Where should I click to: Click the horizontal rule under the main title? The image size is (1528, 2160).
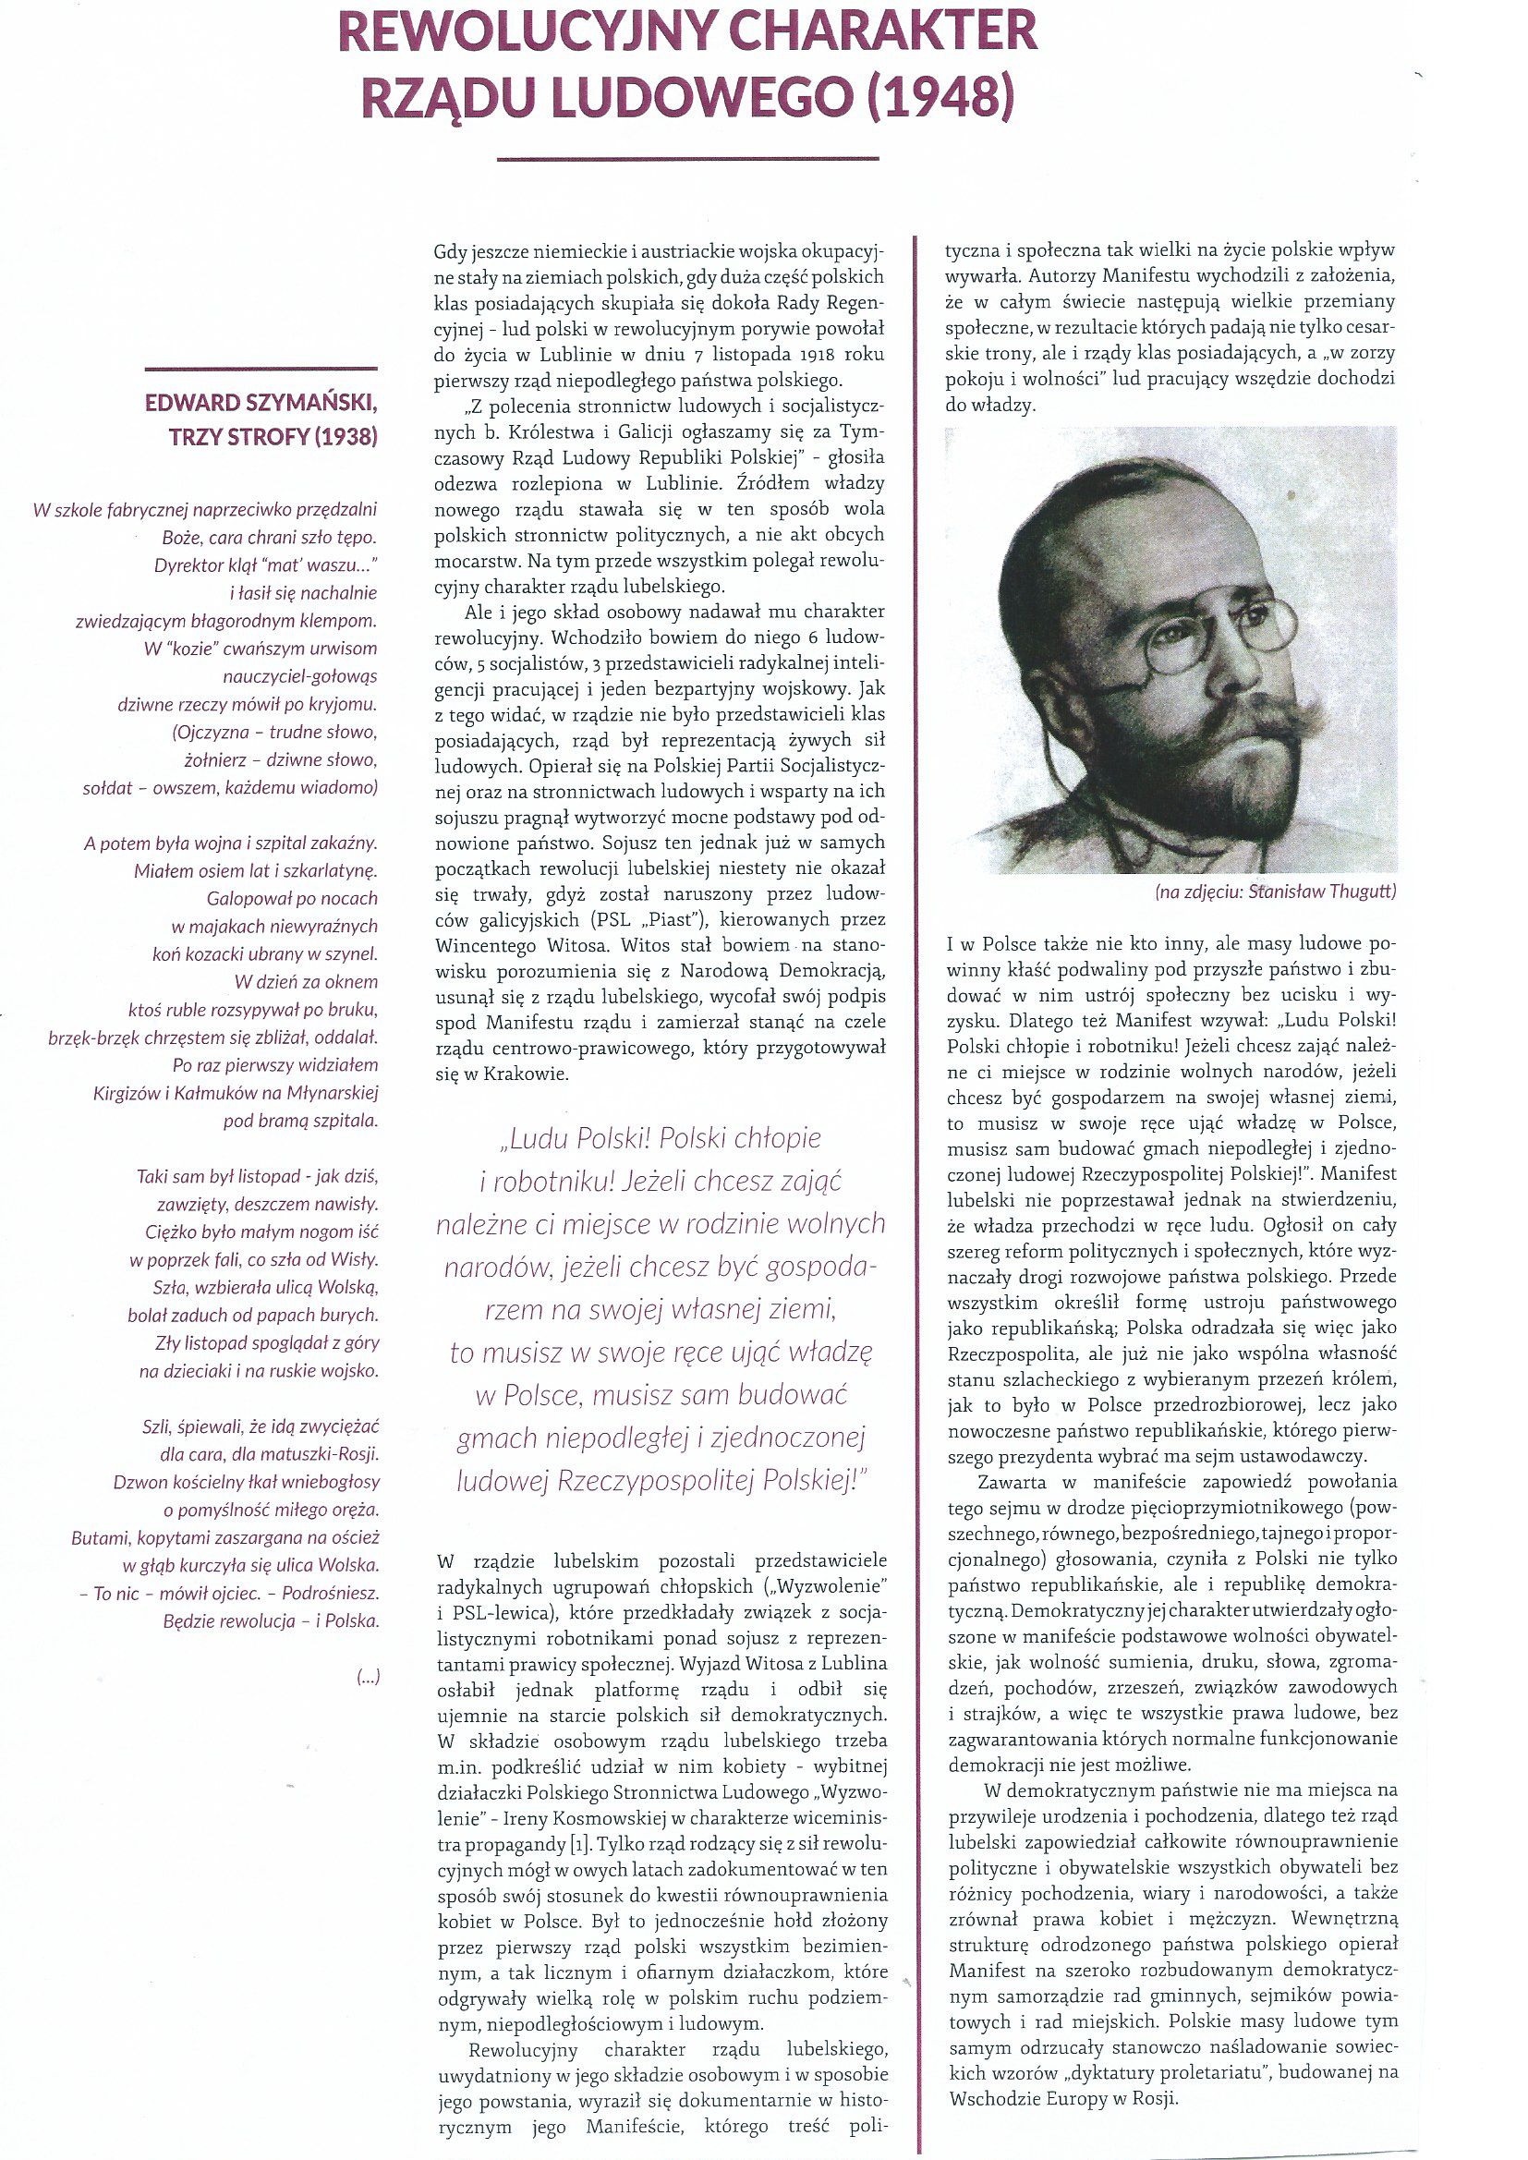(x=686, y=159)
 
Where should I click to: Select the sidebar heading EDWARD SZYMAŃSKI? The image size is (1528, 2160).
(x=261, y=404)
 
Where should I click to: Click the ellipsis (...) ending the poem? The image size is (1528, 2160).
(x=368, y=1676)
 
